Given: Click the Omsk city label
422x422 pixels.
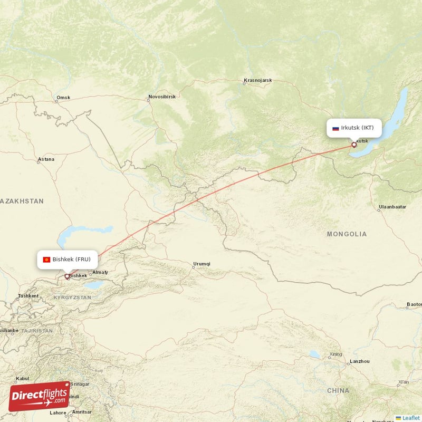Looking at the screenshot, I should [63, 98].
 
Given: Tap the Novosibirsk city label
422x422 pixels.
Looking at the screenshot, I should [164, 97].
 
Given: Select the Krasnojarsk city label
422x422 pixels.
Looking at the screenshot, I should [257, 81].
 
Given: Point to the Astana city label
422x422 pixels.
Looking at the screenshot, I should [46, 159].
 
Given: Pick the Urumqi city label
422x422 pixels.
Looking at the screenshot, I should [202, 264].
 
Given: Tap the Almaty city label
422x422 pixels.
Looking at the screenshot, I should [100, 272].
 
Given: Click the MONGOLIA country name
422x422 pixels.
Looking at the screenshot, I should [347, 234].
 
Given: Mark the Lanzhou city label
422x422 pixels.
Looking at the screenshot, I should [360, 361].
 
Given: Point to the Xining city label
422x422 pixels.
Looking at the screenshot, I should [335, 354].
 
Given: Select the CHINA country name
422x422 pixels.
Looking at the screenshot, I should [338, 390].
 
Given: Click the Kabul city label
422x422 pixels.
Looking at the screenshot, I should [22, 378].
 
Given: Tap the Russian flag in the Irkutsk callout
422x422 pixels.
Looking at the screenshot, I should [335, 128].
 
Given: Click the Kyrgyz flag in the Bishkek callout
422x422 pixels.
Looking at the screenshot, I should [46, 260].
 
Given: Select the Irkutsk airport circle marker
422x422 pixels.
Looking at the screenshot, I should [354, 145].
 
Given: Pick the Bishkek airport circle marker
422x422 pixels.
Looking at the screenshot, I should [67, 276].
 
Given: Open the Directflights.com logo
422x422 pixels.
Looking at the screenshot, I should [39, 396].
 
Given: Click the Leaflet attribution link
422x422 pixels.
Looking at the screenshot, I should [408, 418].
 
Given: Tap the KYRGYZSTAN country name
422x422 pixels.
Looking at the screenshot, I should [72, 298].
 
